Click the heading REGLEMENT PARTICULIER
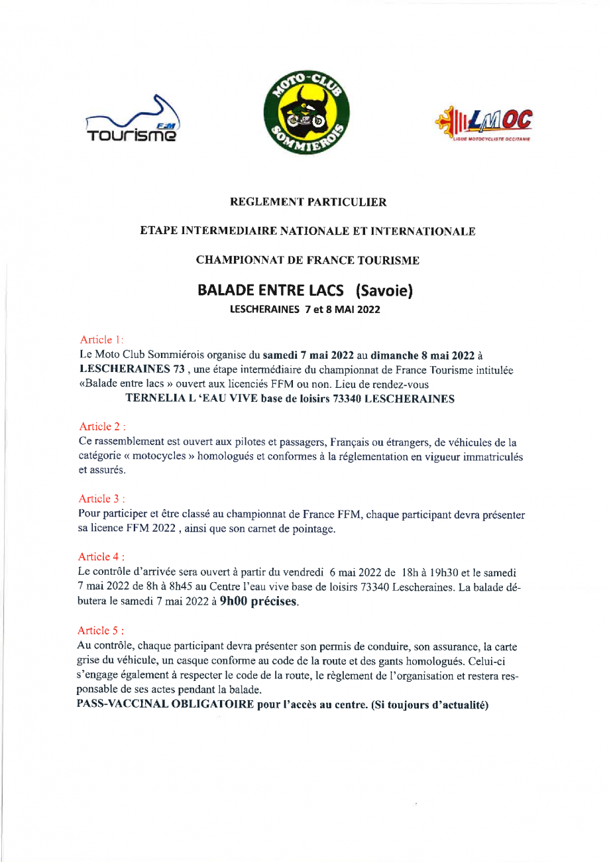(307, 202)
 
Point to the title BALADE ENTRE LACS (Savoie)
(305, 291)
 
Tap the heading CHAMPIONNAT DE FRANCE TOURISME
(307, 261)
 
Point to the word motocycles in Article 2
(151, 455)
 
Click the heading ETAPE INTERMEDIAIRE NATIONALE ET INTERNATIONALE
(307, 231)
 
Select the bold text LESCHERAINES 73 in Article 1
(131, 368)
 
